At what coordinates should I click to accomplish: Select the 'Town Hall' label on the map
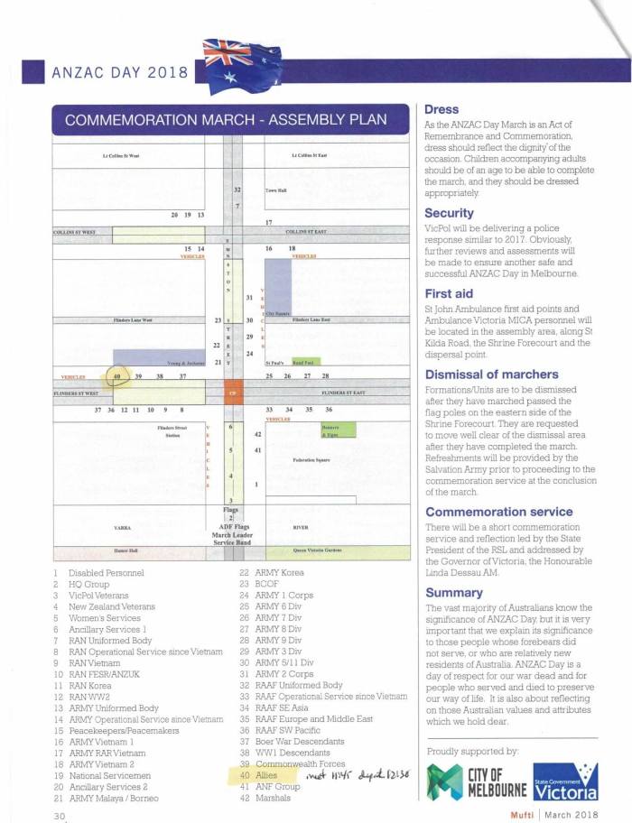(x=275, y=191)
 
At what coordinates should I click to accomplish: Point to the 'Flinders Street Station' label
(x=170, y=430)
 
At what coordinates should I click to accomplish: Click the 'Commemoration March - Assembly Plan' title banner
(x=219, y=120)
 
